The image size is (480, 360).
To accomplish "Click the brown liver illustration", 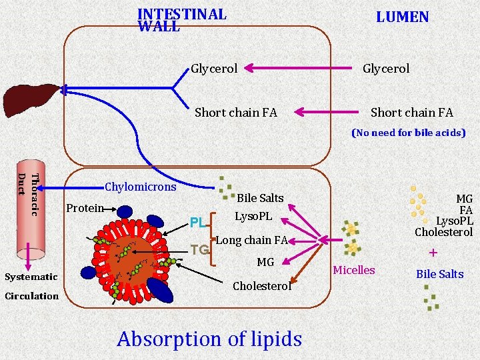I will tap(31, 99).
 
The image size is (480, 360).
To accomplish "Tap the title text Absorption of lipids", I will tap(209, 339).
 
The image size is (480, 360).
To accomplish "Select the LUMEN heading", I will tap(402, 17).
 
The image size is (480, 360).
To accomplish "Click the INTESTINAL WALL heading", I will tap(181, 20).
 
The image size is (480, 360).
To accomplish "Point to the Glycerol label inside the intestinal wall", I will tap(214, 68).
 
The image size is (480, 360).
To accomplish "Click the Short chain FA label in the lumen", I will tap(411, 113).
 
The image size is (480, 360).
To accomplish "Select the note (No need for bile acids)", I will tap(408, 133).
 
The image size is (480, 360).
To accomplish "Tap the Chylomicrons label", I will tap(140, 187).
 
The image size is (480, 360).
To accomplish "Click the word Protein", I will tap(85, 208).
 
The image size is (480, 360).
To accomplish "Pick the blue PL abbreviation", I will tap(197, 222).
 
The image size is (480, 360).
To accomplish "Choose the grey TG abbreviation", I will tap(199, 250).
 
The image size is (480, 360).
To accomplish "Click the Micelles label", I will tap(353, 270).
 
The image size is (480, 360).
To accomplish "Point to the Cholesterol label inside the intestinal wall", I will tap(262, 286).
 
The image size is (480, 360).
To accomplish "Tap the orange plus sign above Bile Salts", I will tap(433, 253).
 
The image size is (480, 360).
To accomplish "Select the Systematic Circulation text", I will tap(31, 286).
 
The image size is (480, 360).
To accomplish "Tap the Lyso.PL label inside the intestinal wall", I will tap(253, 217).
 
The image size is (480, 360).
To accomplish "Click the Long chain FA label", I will tap(252, 240).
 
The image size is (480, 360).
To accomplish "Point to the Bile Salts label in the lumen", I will tap(439, 274).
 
